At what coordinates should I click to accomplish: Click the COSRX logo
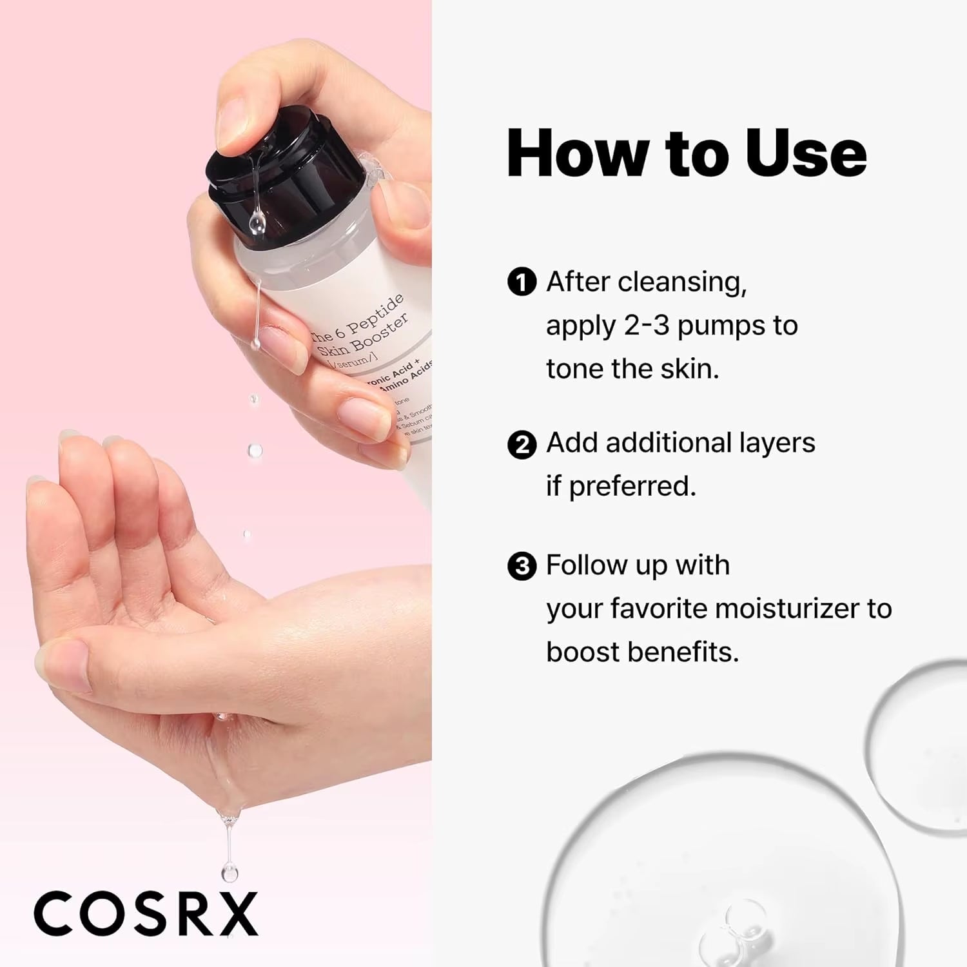(146, 913)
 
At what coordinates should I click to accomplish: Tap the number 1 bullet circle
(522, 282)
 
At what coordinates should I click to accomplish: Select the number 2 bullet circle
(522, 445)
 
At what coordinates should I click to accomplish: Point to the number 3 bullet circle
(522, 567)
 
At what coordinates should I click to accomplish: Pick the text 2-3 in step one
(647, 326)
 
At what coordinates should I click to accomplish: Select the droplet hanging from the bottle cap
(257, 223)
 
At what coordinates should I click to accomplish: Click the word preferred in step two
(632, 487)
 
